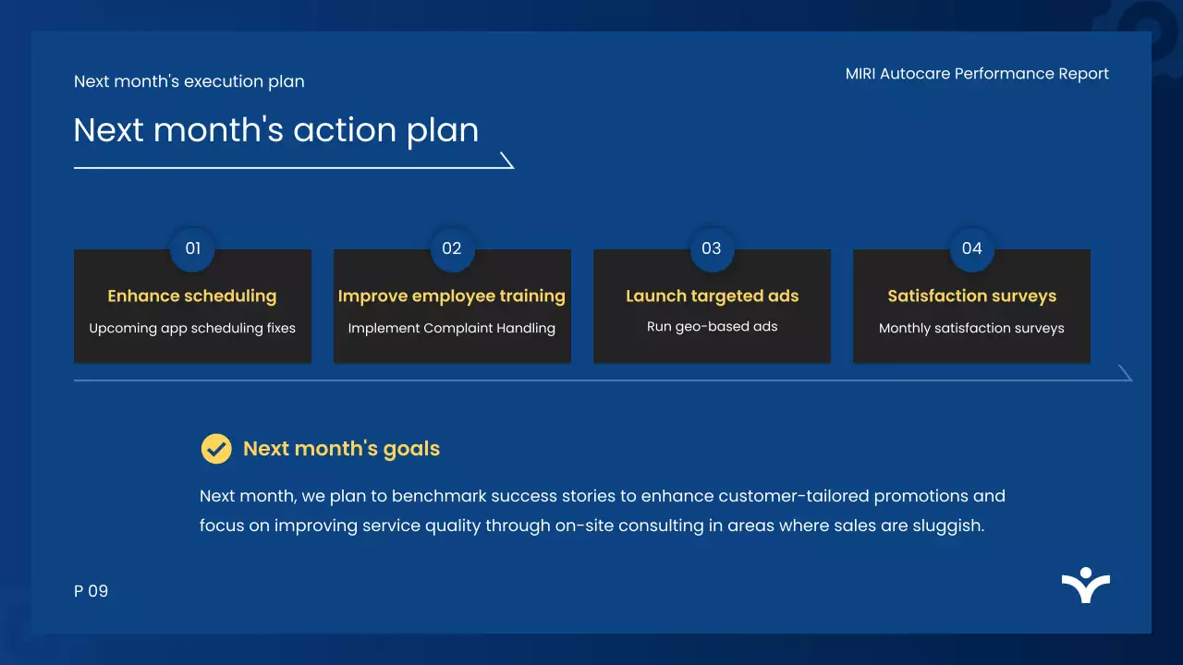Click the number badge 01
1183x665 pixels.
tap(192, 248)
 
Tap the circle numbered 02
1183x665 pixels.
tap(452, 248)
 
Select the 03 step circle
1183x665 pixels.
tap(712, 248)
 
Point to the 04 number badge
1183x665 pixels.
tap(971, 248)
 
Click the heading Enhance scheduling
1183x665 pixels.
tap(192, 296)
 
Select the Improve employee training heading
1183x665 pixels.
tap(452, 296)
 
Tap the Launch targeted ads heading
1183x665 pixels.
tap(712, 296)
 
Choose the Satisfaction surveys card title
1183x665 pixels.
tap(971, 296)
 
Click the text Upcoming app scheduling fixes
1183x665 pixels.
tap(192, 328)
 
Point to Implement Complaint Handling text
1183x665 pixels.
tap(452, 328)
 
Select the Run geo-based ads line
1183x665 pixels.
tap(712, 327)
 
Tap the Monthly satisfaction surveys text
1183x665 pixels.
tap(971, 328)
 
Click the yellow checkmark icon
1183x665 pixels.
tap(216, 449)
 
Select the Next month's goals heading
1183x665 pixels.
tap(341, 449)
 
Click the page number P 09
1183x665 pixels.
tap(91, 591)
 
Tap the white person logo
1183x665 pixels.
tap(1086, 585)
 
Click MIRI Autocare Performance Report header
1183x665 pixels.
tap(977, 74)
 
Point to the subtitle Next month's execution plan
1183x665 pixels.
tap(189, 82)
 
